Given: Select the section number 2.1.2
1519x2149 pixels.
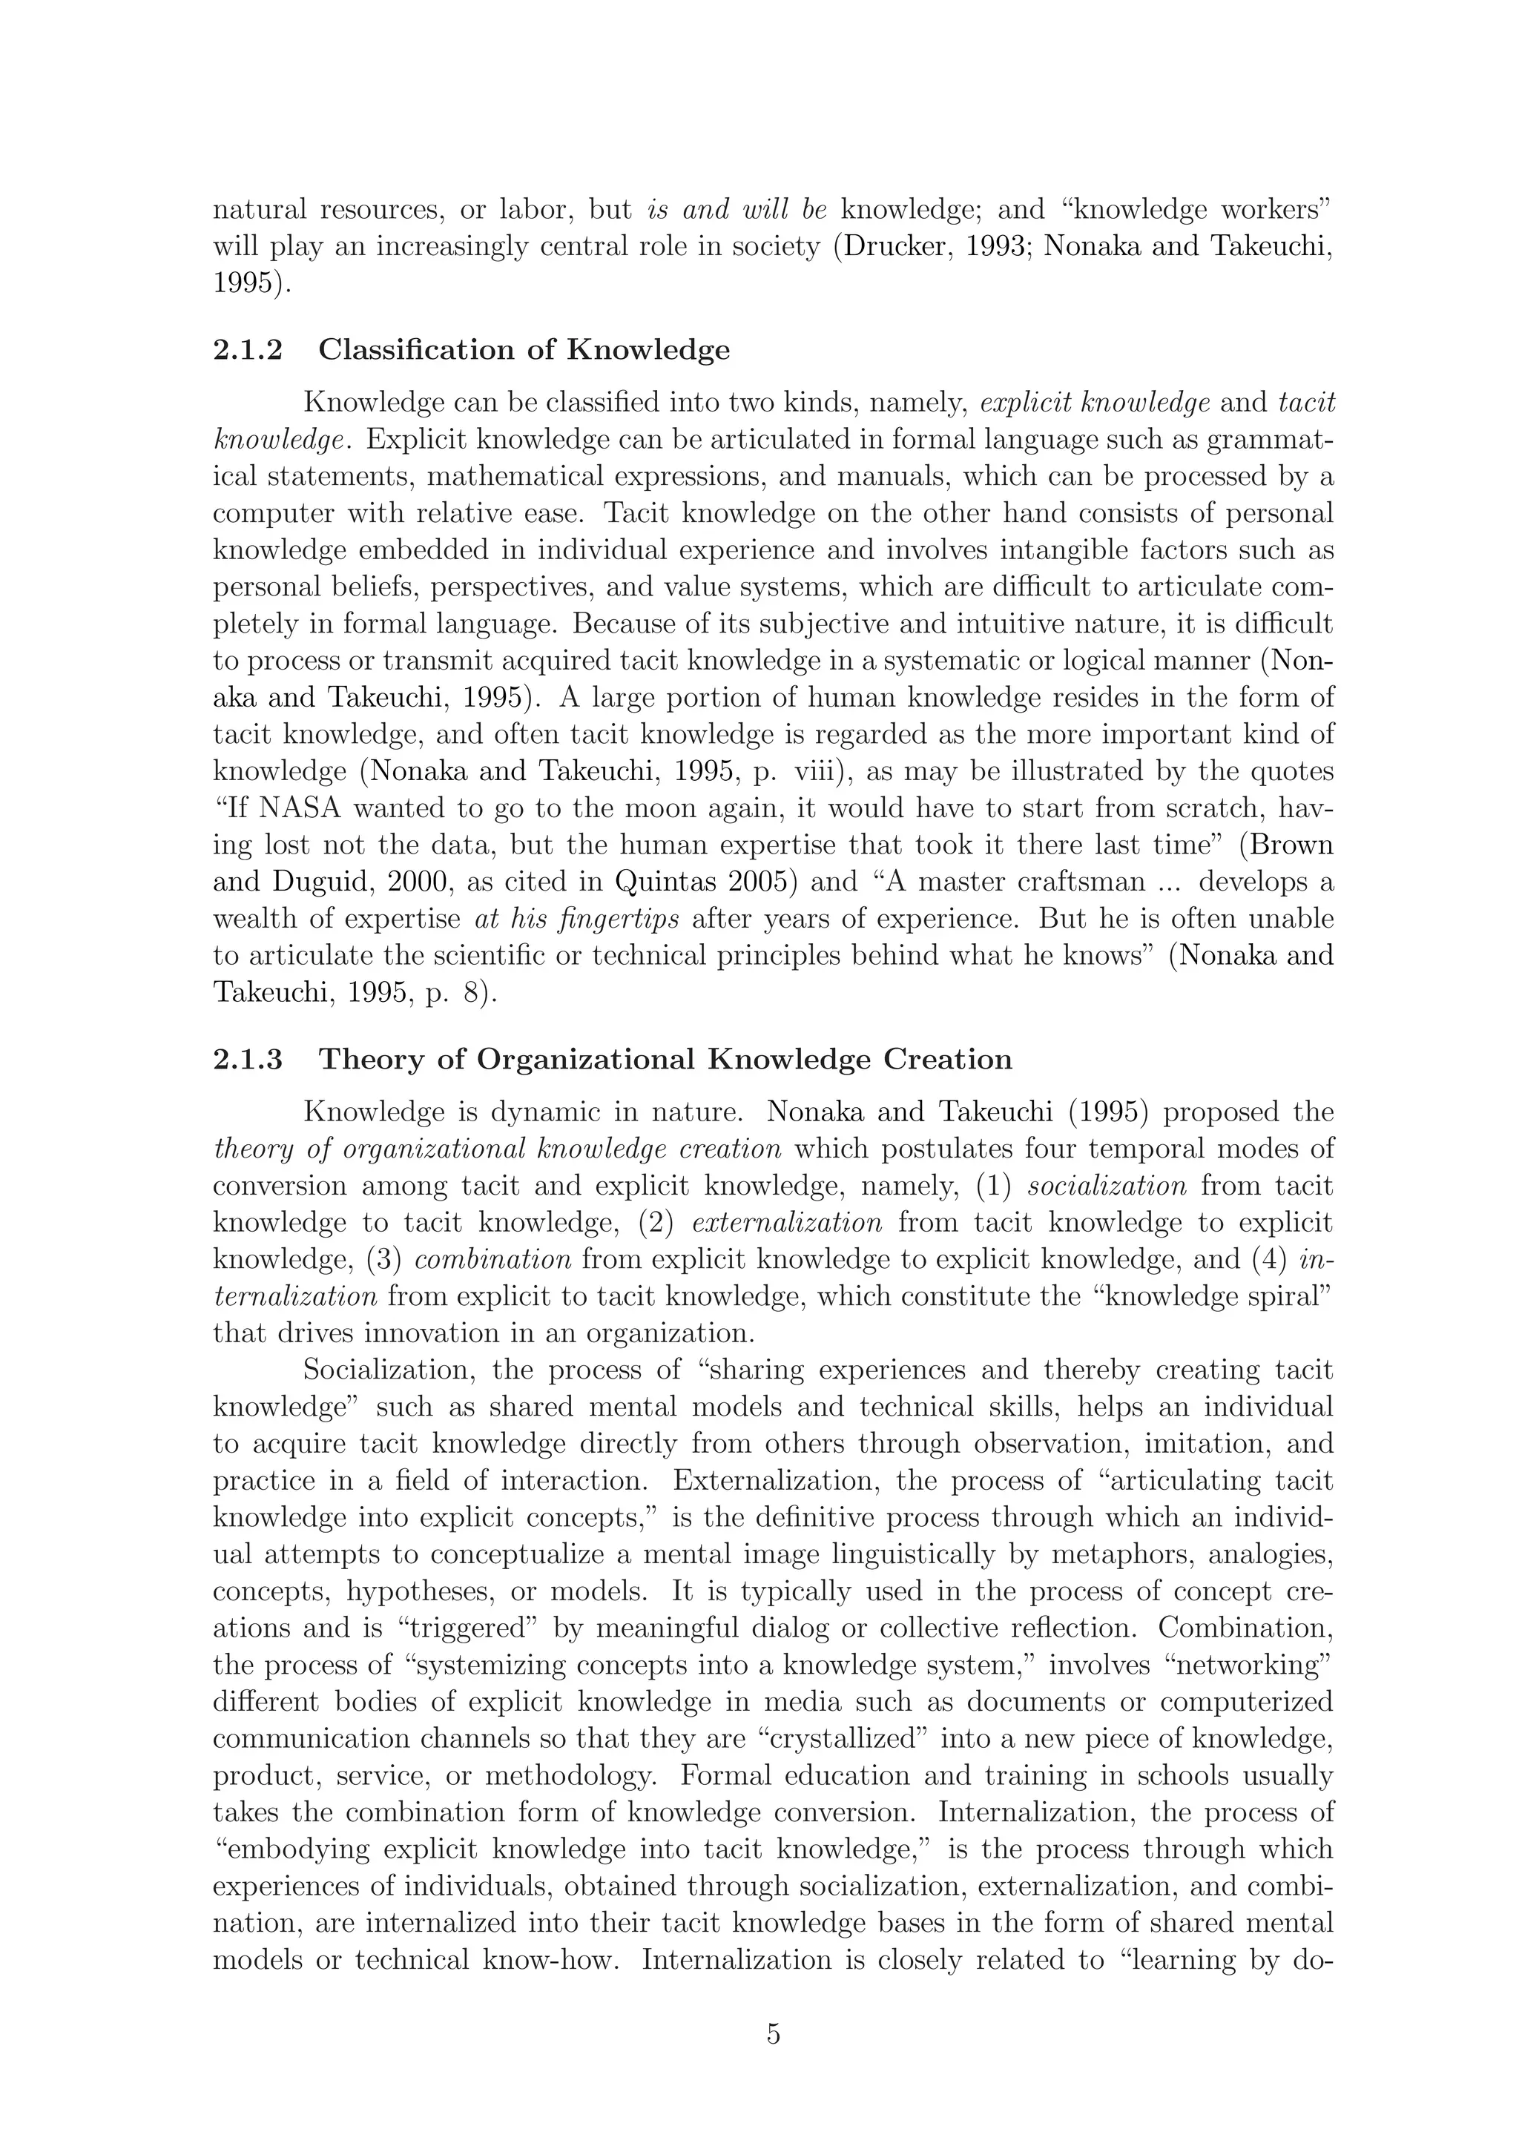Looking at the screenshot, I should [247, 350].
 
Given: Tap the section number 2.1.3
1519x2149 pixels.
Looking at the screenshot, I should [247, 1060].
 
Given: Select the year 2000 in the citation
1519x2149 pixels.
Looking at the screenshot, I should [421, 882].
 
